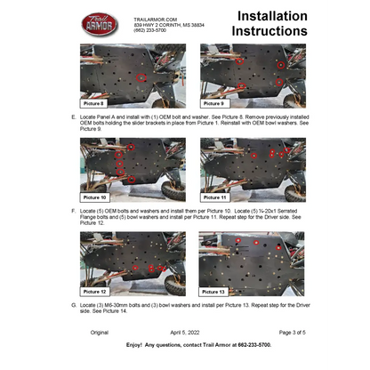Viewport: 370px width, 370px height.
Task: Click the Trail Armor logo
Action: click(100, 23)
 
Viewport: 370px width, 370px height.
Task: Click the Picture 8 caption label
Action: click(96, 103)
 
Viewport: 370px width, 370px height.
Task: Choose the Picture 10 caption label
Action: click(97, 197)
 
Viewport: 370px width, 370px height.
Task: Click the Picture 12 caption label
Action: click(97, 291)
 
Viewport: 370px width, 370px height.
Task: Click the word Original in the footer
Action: click(99, 331)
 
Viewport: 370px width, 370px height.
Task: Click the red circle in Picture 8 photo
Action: click(140, 78)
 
